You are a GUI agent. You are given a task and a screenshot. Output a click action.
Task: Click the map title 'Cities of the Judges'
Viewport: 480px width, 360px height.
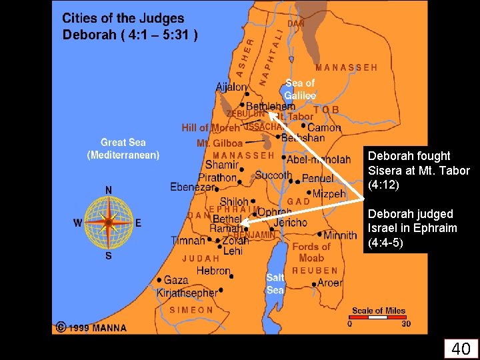123,19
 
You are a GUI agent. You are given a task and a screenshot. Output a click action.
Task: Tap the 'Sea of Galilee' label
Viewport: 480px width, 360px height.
300,89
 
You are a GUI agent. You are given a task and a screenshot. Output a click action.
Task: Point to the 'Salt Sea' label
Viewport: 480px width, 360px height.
275,283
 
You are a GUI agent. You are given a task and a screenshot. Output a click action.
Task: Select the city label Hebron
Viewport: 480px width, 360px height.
213,271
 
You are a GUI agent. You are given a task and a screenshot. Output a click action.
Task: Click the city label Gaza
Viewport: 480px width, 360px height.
176,281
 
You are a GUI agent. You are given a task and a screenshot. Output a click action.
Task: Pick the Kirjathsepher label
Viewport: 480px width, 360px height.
187,293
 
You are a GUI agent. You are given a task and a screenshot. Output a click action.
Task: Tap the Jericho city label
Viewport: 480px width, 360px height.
290,223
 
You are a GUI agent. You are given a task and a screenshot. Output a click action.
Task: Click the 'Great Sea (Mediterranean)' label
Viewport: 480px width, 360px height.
123,149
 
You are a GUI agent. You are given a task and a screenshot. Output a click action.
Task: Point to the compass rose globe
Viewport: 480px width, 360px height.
108,221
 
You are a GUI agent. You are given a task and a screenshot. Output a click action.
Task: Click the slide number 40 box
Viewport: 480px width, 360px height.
461,348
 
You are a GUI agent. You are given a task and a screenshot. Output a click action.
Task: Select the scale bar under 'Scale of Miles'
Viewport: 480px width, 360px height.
377,317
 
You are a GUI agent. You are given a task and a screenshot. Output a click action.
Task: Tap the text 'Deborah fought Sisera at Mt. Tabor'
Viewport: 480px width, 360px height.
419,170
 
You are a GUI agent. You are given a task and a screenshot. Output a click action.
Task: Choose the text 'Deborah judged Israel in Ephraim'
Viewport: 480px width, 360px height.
412,229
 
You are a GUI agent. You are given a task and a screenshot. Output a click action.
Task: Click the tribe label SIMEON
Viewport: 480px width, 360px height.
191,310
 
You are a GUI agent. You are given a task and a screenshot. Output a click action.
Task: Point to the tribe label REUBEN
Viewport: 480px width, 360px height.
315,271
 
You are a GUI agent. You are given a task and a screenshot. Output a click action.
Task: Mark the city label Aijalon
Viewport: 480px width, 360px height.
231,87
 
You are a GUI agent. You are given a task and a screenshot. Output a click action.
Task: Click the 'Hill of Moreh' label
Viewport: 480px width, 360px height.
211,128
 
